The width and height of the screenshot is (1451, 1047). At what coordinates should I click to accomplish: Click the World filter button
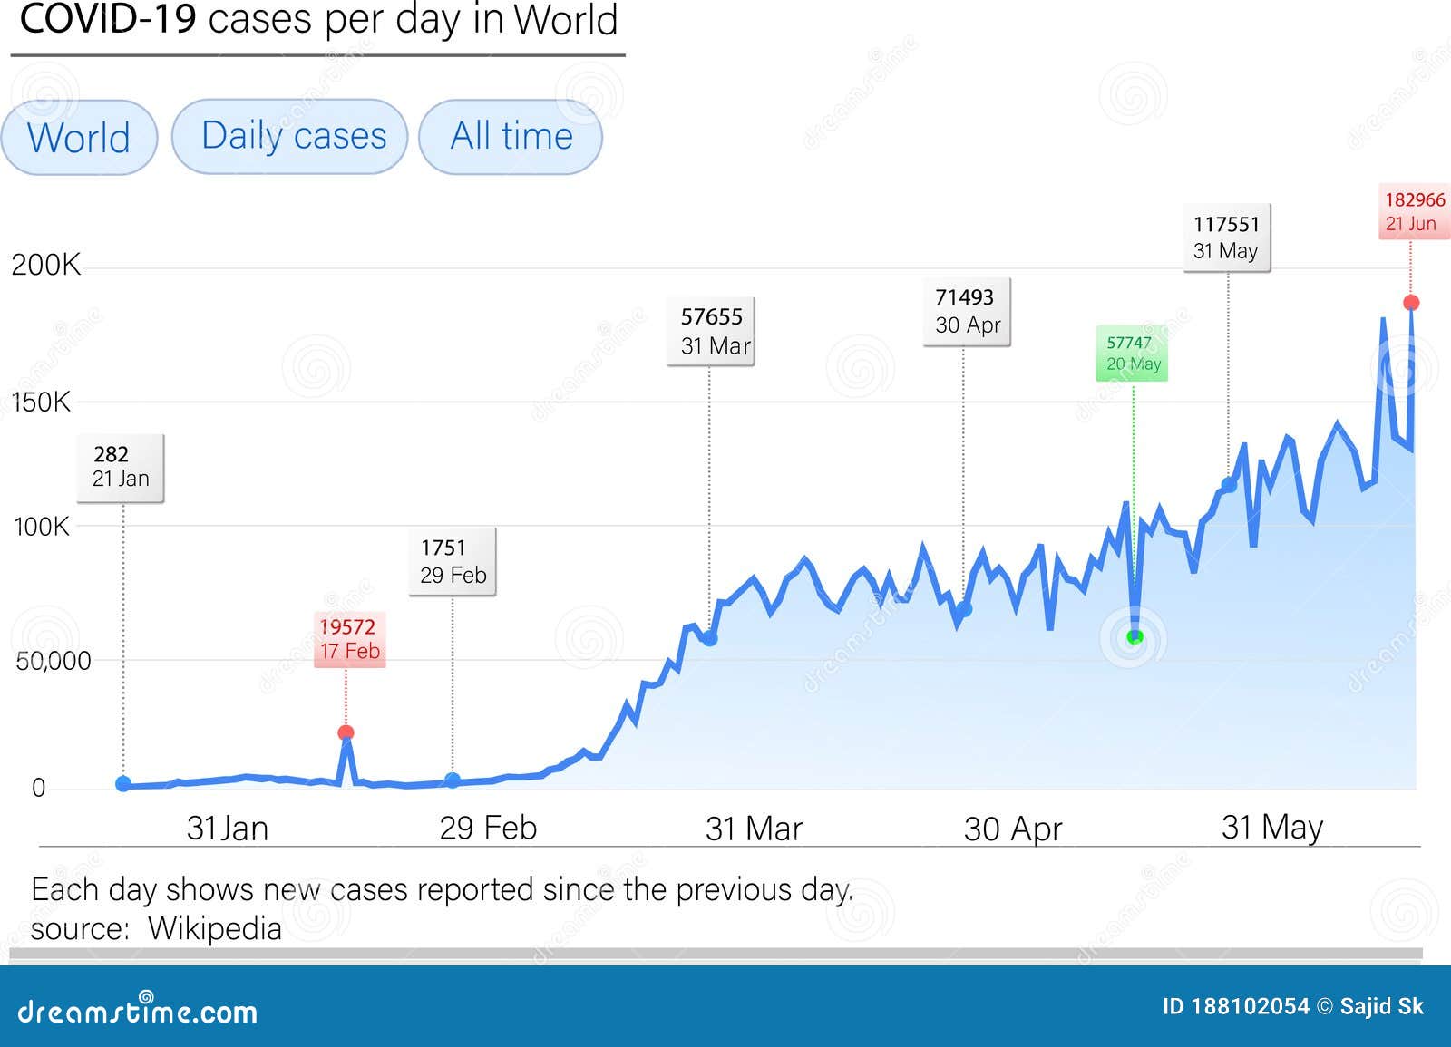[x=79, y=138]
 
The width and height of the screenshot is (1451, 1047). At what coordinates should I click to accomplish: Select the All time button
[x=511, y=136]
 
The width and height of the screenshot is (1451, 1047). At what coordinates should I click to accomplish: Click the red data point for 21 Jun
[x=1411, y=303]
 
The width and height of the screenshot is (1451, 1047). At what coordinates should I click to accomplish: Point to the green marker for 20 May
[x=1134, y=637]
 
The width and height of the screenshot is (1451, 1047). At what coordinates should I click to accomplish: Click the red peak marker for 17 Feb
[x=346, y=732]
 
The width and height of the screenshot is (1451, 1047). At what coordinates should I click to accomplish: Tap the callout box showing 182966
[x=1414, y=211]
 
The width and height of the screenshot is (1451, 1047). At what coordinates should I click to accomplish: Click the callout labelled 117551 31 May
[x=1226, y=238]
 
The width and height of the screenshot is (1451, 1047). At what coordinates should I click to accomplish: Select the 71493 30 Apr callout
[x=967, y=311]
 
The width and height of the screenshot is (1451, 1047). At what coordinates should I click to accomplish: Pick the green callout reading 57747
[x=1132, y=353]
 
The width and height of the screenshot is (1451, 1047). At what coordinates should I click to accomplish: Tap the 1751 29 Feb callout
[x=452, y=561]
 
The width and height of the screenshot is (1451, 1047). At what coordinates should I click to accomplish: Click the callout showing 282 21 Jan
[x=121, y=467]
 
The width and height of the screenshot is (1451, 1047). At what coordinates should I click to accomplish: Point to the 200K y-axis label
[x=45, y=265]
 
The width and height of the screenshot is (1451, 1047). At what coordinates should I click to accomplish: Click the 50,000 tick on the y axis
[x=54, y=660]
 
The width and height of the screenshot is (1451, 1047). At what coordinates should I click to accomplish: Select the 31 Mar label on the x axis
[x=754, y=828]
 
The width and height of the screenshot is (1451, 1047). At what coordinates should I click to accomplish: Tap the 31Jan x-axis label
[x=227, y=828]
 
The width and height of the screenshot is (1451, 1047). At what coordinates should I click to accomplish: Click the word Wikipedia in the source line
[x=215, y=928]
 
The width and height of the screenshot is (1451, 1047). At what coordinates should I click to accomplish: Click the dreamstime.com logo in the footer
[x=138, y=1011]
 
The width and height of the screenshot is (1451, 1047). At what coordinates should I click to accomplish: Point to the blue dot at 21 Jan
[x=123, y=783]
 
